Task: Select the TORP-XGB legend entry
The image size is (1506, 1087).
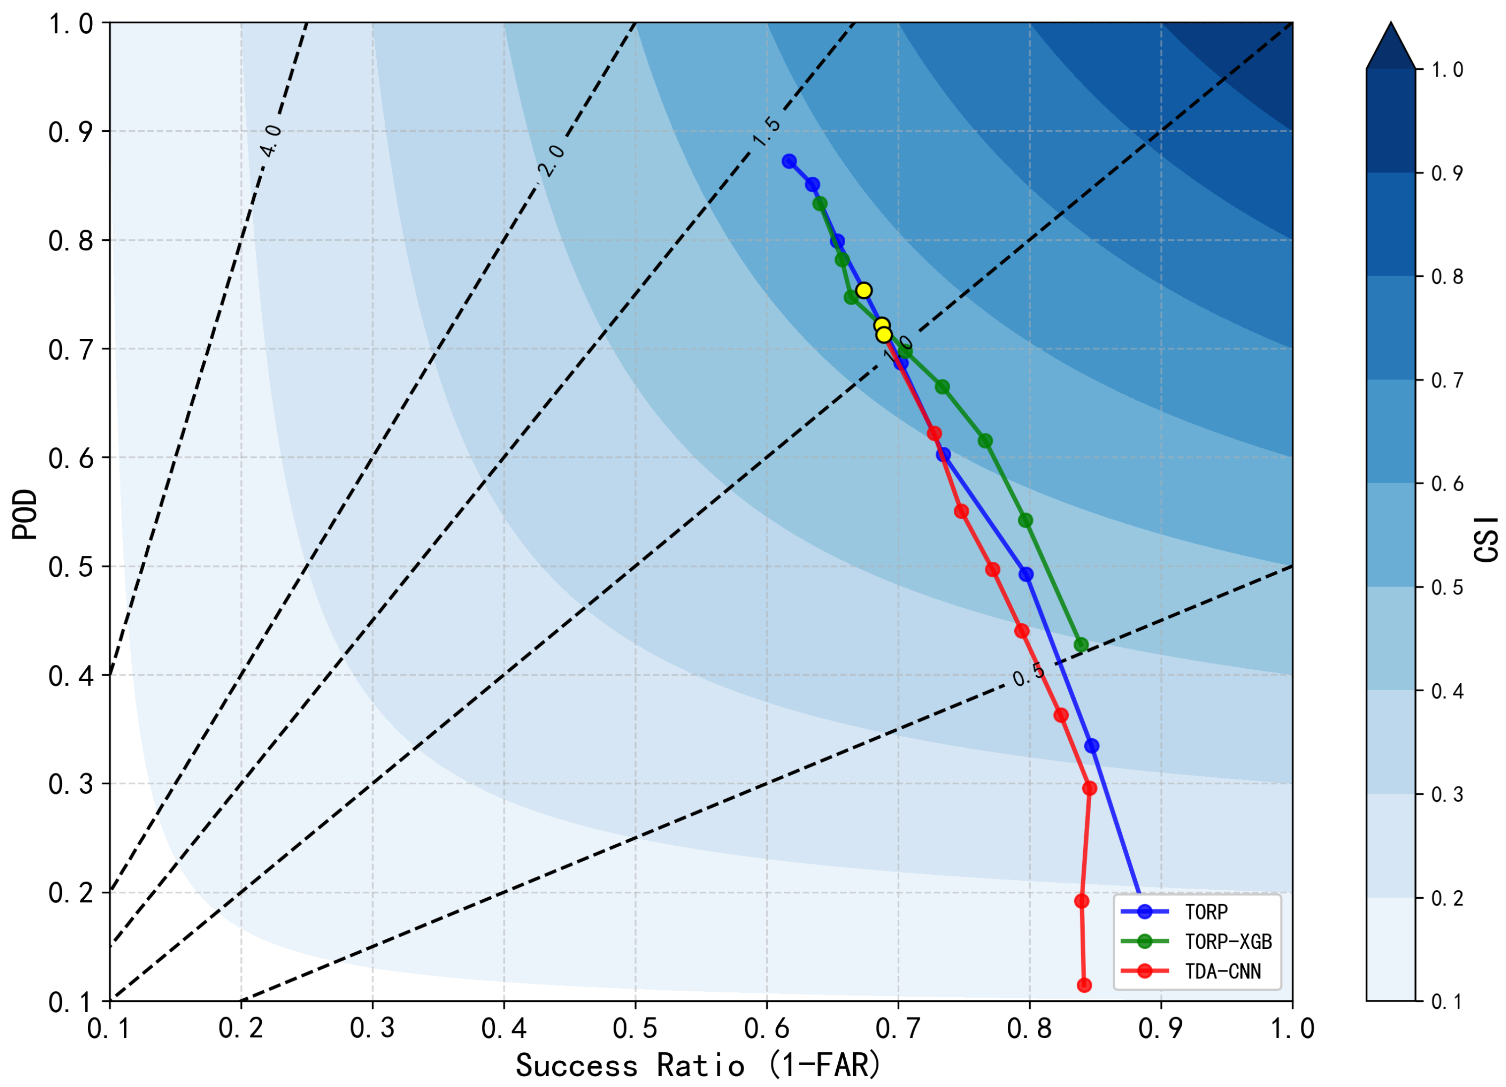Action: click(x=1196, y=942)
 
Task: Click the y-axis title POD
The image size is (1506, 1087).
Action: click(x=25, y=514)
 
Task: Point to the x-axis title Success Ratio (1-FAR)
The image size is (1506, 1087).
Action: click(x=698, y=1066)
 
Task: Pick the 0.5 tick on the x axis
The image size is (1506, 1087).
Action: click(x=635, y=1029)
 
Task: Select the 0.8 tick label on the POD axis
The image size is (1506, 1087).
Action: click(x=70, y=240)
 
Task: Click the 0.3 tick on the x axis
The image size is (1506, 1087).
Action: click(x=372, y=1029)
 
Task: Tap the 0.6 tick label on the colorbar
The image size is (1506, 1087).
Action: click(x=1448, y=484)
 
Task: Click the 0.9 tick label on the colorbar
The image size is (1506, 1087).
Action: click(x=1448, y=173)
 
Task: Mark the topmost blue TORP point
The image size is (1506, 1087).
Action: click(x=789, y=161)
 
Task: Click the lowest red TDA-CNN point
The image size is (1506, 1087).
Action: click(x=1084, y=985)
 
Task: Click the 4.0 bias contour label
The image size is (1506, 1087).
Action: click(x=271, y=141)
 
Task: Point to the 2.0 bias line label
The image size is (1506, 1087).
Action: click(x=551, y=161)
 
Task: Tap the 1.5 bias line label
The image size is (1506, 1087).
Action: click(x=766, y=131)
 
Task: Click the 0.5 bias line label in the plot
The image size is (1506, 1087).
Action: click(x=1029, y=674)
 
